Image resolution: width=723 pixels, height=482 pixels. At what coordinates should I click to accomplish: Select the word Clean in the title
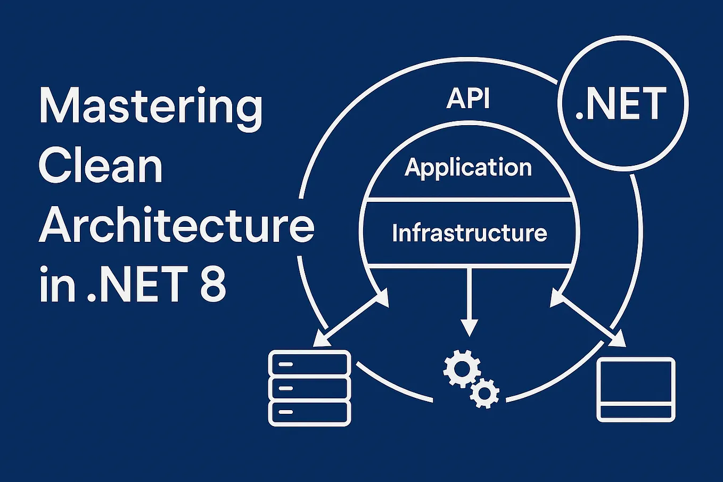click(x=101, y=166)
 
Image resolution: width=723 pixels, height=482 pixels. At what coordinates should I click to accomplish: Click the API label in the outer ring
click(x=468, y=99)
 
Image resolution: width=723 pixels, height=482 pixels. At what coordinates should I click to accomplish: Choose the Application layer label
click(x=468, y=168)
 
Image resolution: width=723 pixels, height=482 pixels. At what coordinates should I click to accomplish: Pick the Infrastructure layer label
click(x=469, y=233)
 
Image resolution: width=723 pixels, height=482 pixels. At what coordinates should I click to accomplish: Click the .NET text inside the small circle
click(x=621, y=104)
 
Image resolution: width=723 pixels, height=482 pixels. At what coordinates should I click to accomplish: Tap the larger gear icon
click(x=461, y=367)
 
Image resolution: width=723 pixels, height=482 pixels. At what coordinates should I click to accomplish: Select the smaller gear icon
click(x=484, y=393)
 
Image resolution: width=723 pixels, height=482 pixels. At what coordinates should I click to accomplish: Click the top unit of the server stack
click(x=309, y=364)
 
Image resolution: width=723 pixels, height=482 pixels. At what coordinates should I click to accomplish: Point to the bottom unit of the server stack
click(x=309, y=413)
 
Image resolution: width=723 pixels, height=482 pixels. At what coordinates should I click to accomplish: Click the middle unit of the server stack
click(x=309, y=388)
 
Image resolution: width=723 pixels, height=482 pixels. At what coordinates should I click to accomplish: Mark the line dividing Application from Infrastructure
click(x=468, y=200)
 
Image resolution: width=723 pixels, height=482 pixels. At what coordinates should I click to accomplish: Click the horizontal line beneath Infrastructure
click(x=469, y=266)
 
